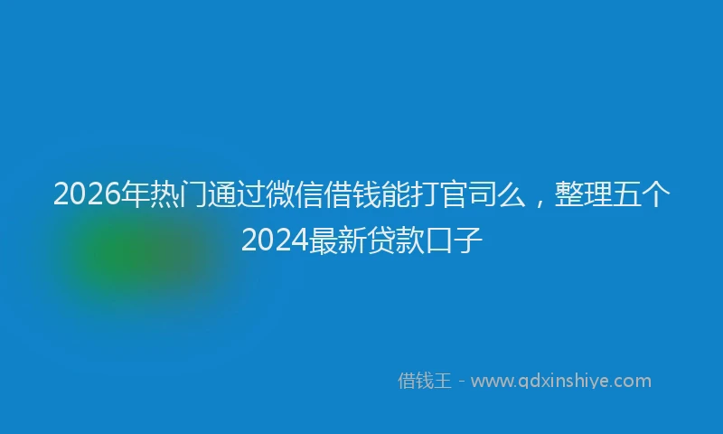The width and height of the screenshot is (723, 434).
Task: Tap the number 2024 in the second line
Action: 274,240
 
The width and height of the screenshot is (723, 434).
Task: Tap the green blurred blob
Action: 131,258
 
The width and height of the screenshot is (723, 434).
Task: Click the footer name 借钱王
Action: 424,382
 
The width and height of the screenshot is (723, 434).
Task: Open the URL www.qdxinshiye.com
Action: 560,382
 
